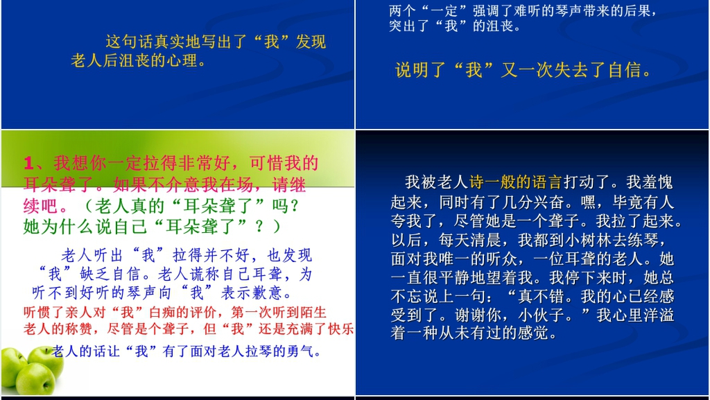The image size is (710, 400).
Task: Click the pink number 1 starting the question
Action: tap(28, 164)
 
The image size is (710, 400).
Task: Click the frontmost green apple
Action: tap(35, 379)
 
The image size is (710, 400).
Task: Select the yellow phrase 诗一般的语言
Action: tap(516, 182)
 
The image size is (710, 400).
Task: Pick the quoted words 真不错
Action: tap(541, 297)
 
